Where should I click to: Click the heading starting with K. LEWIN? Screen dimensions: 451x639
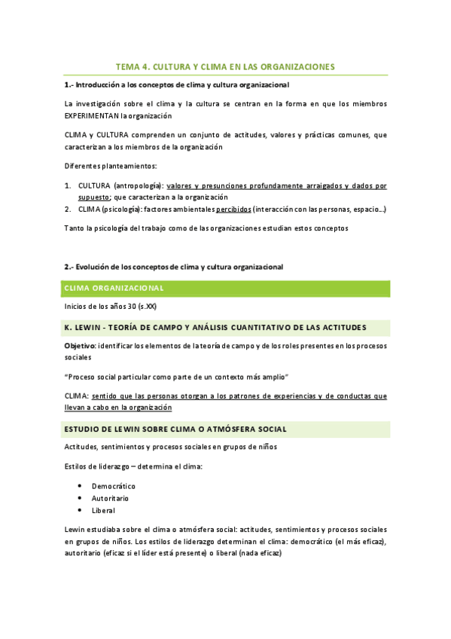[215, 327]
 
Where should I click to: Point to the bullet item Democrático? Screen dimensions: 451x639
[113, 486]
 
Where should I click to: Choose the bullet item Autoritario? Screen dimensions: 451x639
[110, 498]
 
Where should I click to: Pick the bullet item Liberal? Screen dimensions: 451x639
[104, 510]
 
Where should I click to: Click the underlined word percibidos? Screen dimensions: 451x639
[233, 209]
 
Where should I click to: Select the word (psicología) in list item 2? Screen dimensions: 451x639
[123, 209]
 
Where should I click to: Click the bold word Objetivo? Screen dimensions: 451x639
[80, 344]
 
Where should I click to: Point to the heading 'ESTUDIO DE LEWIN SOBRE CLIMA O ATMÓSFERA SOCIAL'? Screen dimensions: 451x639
[175, 429]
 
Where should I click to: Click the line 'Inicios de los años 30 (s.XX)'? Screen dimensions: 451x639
[111, 307]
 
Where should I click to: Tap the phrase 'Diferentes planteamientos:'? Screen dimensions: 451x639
[110, 165]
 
